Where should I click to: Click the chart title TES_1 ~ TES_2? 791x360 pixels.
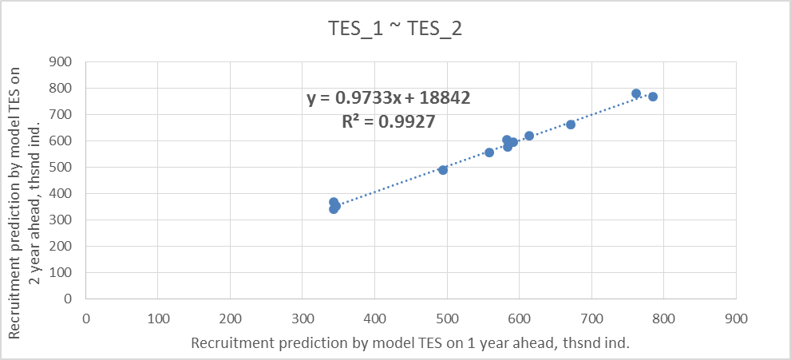396,30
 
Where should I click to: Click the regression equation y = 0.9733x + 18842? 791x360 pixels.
389,98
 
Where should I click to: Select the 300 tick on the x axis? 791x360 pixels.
303,317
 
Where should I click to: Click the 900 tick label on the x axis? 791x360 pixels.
736,317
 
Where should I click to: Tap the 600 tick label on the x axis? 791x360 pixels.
520,317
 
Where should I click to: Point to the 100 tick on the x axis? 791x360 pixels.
158,317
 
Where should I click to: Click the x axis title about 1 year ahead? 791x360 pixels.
410,343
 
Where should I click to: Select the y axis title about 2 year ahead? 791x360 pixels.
22,180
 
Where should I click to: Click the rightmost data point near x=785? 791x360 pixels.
653,97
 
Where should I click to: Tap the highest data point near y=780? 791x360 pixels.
636,93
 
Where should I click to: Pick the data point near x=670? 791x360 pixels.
571,125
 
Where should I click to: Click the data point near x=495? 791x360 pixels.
443,170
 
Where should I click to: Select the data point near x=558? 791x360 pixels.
489,152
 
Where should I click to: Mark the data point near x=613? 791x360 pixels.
529,136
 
